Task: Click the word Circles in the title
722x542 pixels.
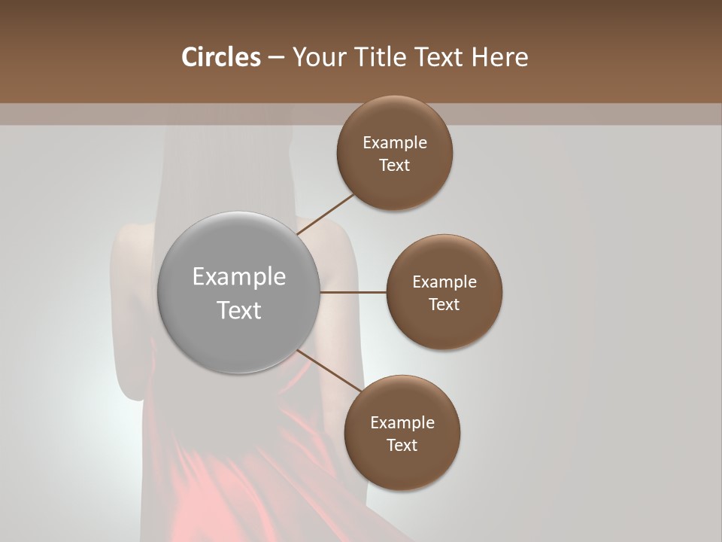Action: tap(220, 57)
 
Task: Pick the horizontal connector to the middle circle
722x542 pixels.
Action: tap(353, 292)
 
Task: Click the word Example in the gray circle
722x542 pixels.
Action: tap(239, 277)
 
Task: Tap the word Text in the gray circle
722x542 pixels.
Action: tap(239, 310)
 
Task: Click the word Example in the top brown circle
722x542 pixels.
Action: tap(395, 143)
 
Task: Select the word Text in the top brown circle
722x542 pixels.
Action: tap(394, 166)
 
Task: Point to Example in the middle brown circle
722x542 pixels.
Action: tap(444, 282)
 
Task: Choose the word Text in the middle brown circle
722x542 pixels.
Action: tap(444, 305)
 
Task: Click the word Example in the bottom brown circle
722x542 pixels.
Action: tap(402, 423)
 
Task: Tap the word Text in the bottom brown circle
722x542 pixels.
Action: tap(402, 446)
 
